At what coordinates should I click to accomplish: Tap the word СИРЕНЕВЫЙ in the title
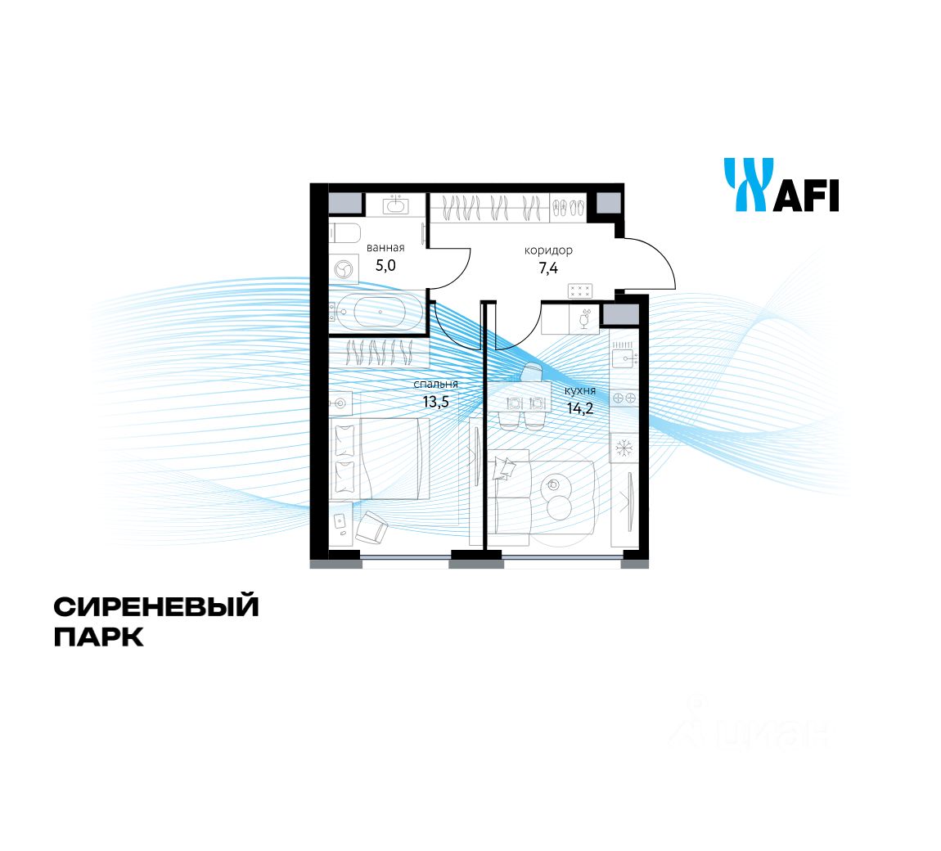click(x=156, y=607)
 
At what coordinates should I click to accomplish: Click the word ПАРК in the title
click(x=99, y=637)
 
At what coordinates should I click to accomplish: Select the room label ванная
click(x=385, y=247)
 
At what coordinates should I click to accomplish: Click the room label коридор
click(x=548, y=250)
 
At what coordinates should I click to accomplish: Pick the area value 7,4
click(x=548, y=267)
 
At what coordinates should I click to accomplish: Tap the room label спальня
click(x=435, y=384)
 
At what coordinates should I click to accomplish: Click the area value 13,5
click(x=435, y=401)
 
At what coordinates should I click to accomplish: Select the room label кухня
click(x=580, y=391)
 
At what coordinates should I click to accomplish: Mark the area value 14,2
click(x=580, y=408)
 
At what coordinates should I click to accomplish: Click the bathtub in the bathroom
click(x=380, y=313)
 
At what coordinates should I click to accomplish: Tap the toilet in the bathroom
click(x=345, y=233)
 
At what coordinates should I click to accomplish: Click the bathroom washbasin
click(x=397, y=205)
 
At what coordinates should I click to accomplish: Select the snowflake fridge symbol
click(x=624, y=448)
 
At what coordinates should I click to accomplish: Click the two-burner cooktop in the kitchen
click(x=624, y=398)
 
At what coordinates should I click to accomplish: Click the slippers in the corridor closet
click(x=568, y=208)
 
